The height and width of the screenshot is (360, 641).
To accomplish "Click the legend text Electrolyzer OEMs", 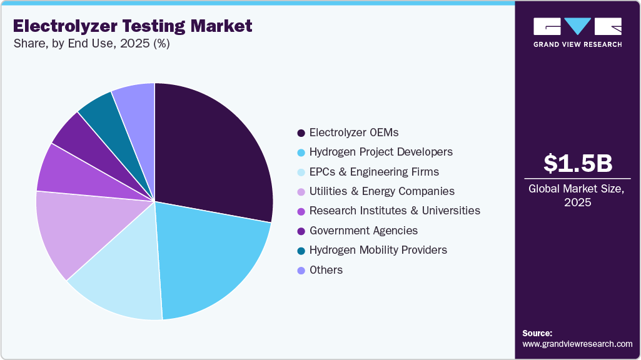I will [x=353, y=132].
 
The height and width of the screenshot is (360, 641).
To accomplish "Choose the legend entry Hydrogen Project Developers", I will [x=381, y=152].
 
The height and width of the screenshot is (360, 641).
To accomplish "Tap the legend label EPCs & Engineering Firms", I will [x=374, y=172].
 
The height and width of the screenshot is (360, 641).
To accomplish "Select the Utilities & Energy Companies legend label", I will [x=381, y=191].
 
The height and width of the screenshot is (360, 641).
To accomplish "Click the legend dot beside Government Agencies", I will [x=301, y=231].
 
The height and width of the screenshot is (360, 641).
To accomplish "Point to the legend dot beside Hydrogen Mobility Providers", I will [x=301, y=250].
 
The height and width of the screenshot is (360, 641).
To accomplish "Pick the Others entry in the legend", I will [x=326, y=270].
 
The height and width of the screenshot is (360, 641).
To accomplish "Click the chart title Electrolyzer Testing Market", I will [x=133, y=26].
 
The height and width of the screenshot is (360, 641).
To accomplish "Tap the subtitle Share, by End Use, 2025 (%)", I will [x=91, y=44].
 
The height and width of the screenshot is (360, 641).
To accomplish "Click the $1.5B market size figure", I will [x=577, y=163].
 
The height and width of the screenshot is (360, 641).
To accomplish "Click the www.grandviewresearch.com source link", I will [x=577, y=344].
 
